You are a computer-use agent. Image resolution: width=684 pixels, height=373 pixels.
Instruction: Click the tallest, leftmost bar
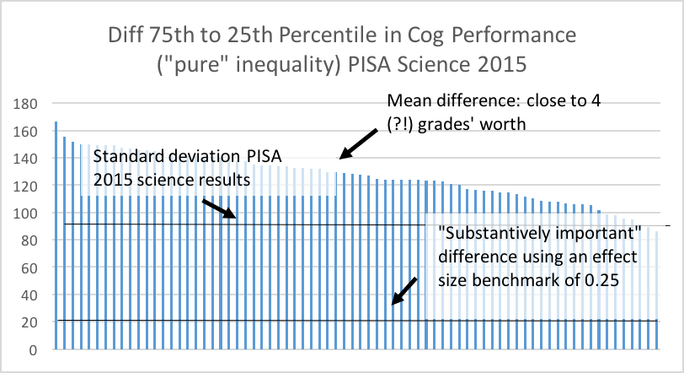(x=56, y=236)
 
